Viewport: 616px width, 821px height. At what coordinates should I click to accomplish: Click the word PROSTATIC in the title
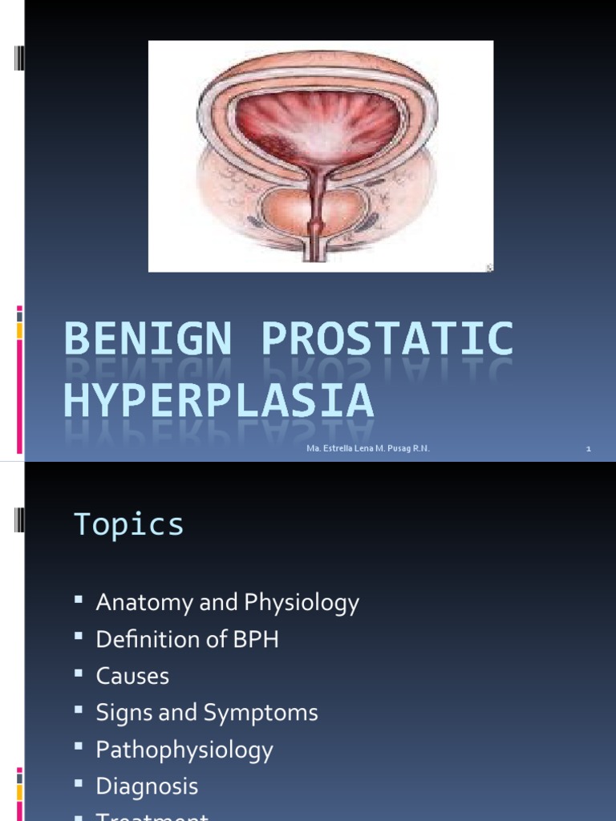pos(387,340)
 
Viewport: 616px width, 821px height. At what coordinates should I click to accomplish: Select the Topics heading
pos(129,524)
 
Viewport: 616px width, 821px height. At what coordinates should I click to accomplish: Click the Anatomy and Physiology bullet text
pos(227,603)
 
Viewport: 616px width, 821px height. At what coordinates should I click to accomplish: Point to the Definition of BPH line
pos(187,639)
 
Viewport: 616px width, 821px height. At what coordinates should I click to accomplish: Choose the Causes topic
pos(132,676)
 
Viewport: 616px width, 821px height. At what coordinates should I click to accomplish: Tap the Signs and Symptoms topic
pos(207,713)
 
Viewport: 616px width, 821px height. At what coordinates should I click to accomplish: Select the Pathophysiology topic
pos(184,750)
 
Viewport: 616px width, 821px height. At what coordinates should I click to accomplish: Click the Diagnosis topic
pos(147,787)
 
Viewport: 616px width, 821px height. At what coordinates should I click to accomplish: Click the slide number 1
pos(588,449)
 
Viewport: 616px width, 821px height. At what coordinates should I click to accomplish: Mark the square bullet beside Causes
pos(79,674)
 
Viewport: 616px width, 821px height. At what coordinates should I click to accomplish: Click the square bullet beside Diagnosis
pos(79,785)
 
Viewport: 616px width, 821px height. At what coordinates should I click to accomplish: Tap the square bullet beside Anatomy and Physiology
pos(79,601)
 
